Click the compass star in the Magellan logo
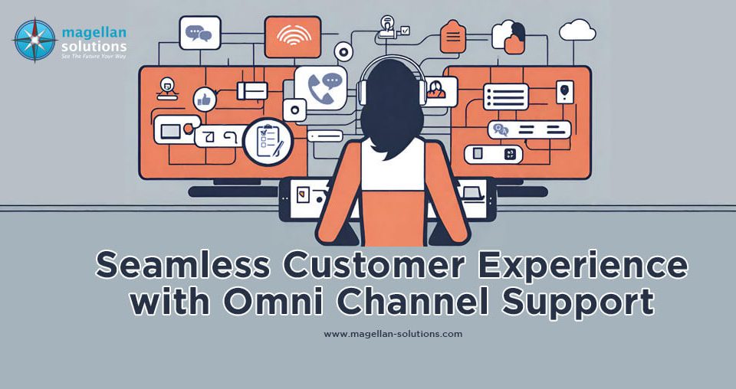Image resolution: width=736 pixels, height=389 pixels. click(34, 40)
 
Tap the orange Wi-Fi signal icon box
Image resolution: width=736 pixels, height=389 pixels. click(288, 35)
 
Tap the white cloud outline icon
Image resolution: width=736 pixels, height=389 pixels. click(577, 31)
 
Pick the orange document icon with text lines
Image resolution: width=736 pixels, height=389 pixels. click(453, 35)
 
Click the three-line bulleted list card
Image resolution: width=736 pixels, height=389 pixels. click(505, 96)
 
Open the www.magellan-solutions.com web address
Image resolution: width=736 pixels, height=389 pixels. click(393, 334)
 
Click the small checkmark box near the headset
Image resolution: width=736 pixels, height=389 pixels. click(406, 31)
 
